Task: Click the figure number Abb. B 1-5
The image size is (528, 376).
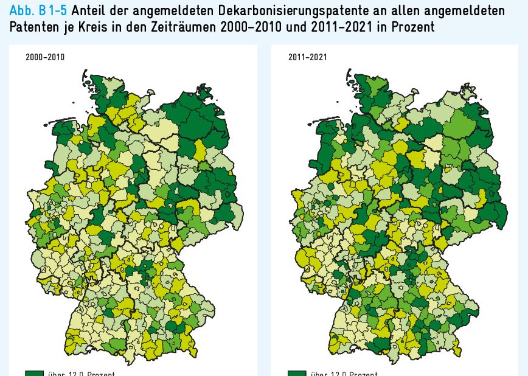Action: point(33,11)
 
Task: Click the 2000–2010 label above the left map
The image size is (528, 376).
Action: point(44,58)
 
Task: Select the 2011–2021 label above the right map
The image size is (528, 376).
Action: point(307,58)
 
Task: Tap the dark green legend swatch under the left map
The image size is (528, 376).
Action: point(34,373)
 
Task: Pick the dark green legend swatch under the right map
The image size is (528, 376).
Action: point(297,373)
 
